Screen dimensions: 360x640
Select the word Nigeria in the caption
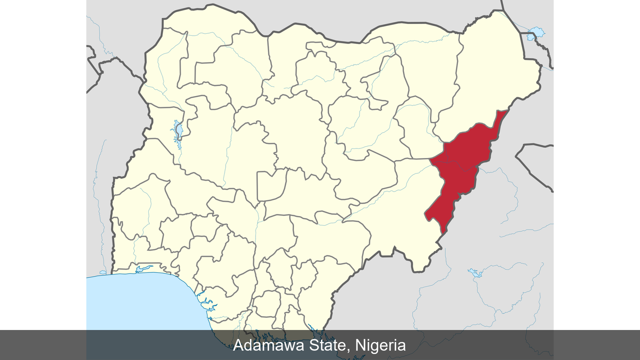380,345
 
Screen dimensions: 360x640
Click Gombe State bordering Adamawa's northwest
416,128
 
